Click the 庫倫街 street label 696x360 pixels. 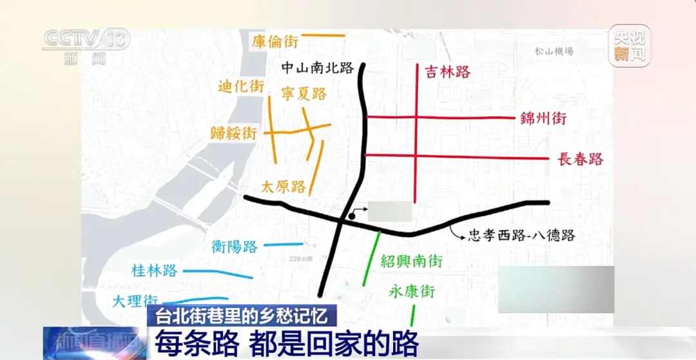tap(275, 42)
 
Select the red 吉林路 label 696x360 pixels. tap(448, 71)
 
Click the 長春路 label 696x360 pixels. tap(580, 159)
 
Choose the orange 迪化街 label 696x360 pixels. tap(241, 86)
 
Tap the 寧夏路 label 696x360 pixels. tap(304, 93)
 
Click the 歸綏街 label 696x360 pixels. tap(234, 133)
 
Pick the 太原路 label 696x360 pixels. tap(284, 187)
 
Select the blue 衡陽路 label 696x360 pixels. tap(235, 246)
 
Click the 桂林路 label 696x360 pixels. tap(154, 270)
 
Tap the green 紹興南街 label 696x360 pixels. tap(411, 261)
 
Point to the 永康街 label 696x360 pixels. tap(412, 291)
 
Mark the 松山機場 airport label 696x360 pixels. tap(554, 52)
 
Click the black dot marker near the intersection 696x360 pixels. tap(352, 216)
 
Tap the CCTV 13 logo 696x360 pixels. tap(85, 45)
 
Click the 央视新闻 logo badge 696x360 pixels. tap(629, 46)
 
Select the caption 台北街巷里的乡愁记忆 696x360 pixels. tap(242, 316)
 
